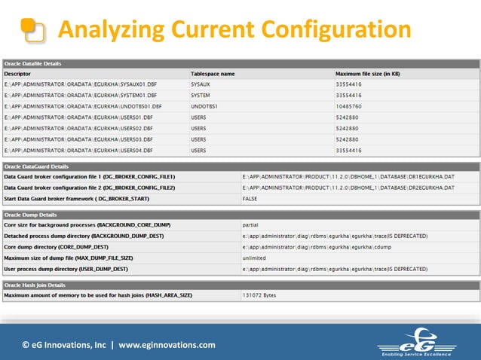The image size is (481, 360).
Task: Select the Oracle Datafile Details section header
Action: [x=33, y=64]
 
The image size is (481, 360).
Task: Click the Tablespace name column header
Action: [x=213, y=74]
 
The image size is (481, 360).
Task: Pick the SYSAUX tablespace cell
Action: [x=201, y=85]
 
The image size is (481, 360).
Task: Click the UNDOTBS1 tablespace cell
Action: [x=206, y=107]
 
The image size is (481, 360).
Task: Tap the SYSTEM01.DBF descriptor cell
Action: [x=81, y=96]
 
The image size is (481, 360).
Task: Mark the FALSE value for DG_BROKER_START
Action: [x=250, y=198]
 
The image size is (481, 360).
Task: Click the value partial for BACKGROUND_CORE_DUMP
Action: [x=251, y=225]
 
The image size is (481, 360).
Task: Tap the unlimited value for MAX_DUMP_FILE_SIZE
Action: [x=255, y=258]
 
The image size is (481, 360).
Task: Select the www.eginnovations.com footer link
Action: [x=167, y=346]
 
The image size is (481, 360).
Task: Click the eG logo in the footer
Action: [x=417, y=343]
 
